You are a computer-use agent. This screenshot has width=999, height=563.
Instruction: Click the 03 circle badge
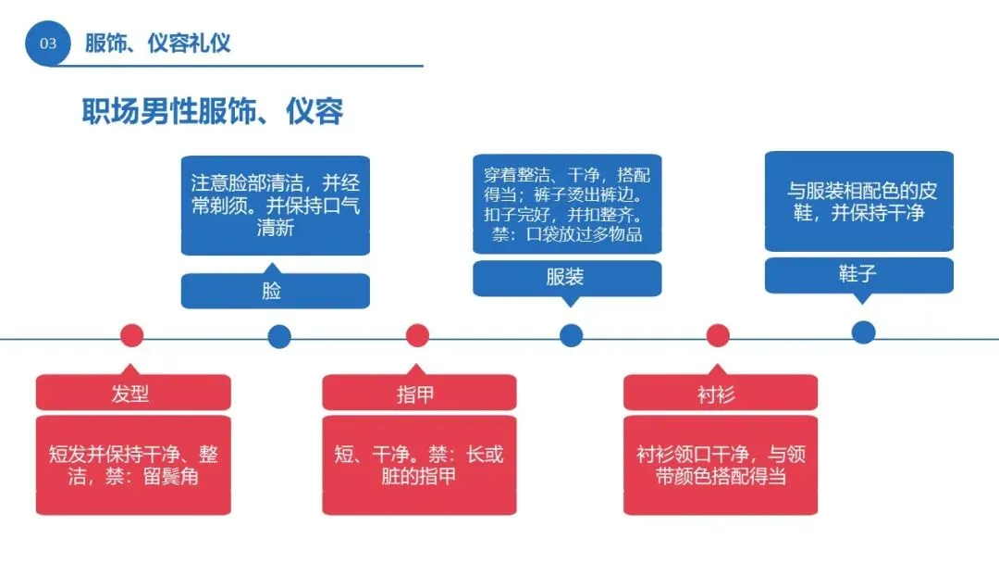pos(47,43)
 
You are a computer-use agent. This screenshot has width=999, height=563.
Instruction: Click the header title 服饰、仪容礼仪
pos(157,43)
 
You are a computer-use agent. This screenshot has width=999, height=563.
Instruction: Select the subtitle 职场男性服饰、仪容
pos(212,111)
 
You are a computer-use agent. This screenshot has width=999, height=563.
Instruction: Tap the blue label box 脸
pos(275,291)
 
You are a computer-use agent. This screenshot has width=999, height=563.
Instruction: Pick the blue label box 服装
pos(566,278)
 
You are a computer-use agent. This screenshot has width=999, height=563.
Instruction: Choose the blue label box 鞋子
pos(858,275)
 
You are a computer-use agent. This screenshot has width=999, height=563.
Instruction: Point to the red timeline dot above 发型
pos(132,335)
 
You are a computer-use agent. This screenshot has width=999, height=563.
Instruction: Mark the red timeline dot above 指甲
pos(417,335)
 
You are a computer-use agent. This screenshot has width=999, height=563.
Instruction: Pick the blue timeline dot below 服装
pos(571,335)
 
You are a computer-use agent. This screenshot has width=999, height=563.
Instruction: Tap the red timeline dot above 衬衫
pos(718,335)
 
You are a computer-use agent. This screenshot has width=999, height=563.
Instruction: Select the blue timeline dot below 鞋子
pos(863,332)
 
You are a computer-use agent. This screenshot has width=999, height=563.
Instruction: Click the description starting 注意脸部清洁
pos(275,205)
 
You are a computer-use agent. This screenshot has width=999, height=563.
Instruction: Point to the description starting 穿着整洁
pos(566,204)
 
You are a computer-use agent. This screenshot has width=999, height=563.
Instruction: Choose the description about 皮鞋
pos(858,201)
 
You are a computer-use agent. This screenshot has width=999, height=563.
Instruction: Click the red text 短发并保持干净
pos(132,466)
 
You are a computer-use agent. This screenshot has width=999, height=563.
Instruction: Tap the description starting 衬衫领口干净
pos(720,466)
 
